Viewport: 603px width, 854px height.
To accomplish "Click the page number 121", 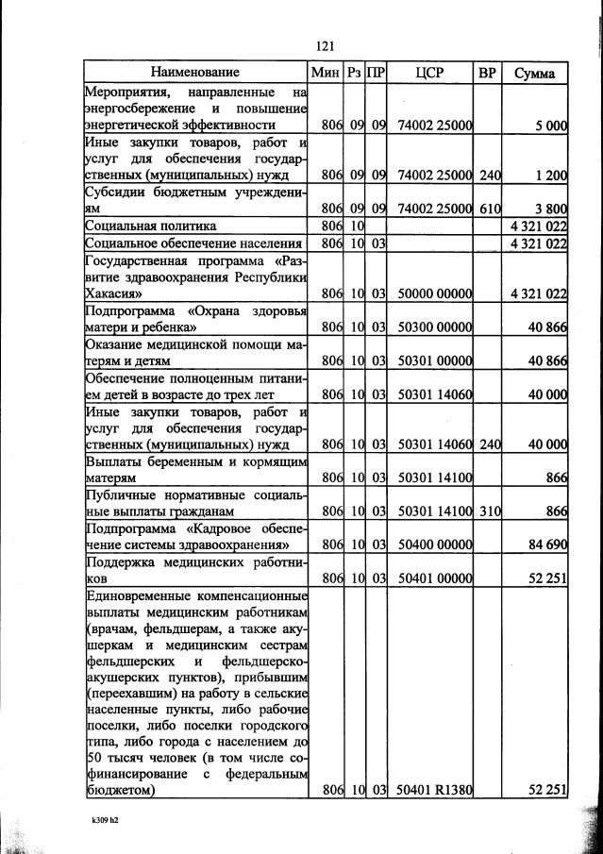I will (x=326, y=44).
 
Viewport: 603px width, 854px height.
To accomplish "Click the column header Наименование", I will (x=194, y=72).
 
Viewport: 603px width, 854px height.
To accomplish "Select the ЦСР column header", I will (x=429, y=73).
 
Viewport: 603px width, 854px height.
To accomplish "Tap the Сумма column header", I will (x=534, y=73).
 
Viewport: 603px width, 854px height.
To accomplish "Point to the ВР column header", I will (x=487, y=73).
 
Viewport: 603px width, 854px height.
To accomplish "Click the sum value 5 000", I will (x=547, y=125).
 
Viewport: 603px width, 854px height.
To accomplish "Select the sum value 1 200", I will (x=547, y=175).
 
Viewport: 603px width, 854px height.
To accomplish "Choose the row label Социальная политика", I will (x=150, y=226).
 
